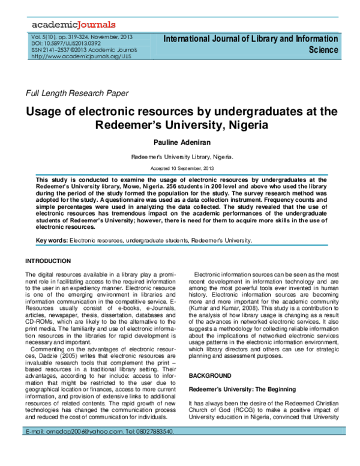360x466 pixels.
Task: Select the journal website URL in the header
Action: tap(73, 56)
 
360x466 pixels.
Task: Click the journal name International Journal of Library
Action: tap(250, 39)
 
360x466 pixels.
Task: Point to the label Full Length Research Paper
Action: tap(76, 93)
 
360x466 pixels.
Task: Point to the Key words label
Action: tap(52, 241)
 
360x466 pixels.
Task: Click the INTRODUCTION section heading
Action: tap(47, 261)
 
